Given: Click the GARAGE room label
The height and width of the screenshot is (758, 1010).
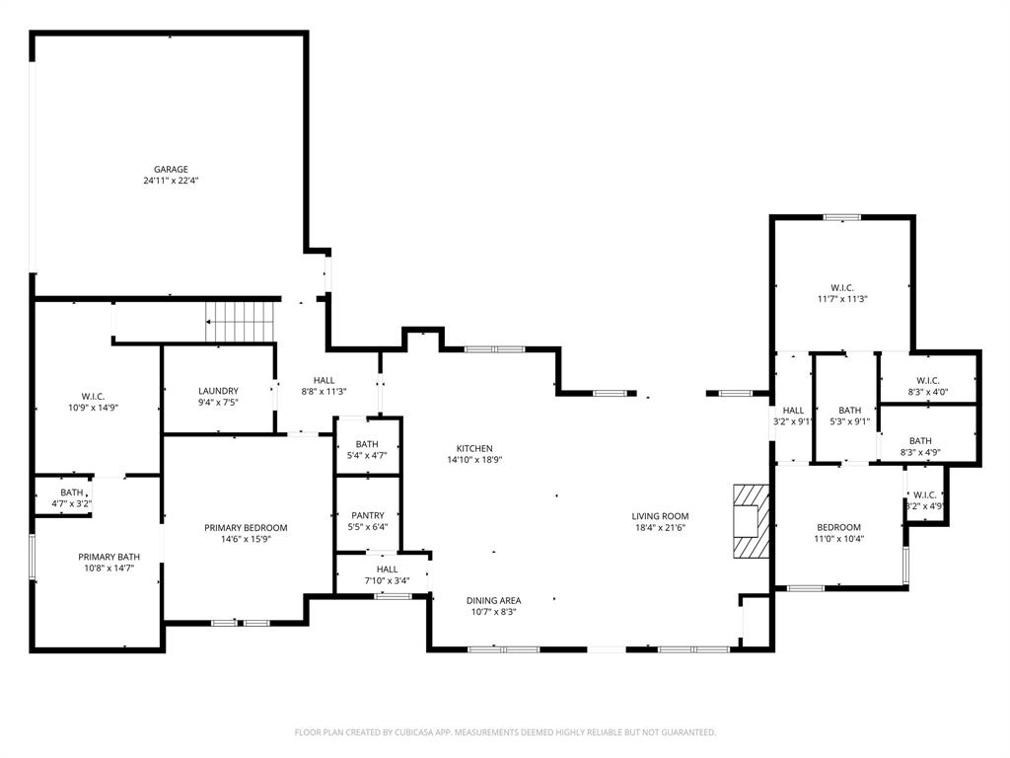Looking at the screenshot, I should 171,169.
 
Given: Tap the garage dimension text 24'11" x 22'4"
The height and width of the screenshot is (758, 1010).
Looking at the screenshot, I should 171,181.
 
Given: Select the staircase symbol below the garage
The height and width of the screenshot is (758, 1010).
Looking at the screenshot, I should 240,321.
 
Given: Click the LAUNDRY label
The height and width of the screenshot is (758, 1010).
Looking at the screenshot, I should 218,391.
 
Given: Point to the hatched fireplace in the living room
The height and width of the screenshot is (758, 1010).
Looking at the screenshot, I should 750,521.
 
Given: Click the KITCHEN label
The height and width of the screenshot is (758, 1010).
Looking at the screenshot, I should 473,448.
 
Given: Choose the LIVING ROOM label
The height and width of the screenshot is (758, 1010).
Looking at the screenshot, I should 660,516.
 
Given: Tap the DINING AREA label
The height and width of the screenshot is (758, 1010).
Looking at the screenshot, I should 493,600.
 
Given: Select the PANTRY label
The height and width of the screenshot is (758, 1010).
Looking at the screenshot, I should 368,515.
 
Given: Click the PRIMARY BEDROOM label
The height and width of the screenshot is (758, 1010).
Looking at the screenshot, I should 246,528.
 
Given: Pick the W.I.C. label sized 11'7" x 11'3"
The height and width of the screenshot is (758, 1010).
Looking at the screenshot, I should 841,287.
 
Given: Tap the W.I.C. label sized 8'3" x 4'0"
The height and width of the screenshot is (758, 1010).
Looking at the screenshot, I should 927,380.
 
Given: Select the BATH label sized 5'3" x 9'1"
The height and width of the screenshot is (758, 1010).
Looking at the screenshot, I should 849,411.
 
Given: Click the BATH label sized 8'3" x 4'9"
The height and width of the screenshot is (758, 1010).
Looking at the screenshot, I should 920,441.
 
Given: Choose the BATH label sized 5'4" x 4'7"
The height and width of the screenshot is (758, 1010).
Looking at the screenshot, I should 367,444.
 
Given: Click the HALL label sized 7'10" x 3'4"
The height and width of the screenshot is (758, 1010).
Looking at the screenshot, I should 387,569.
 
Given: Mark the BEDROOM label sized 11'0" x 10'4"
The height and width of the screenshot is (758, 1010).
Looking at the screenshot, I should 836,527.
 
